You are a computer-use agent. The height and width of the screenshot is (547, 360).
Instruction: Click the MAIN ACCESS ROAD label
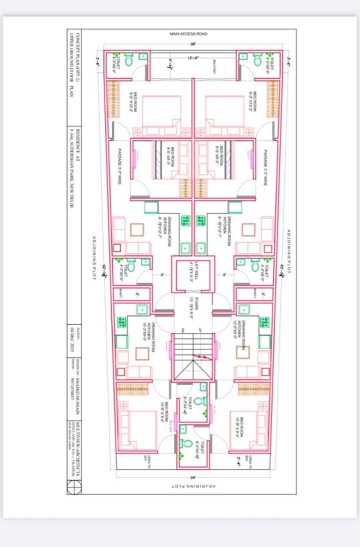coord(188,34)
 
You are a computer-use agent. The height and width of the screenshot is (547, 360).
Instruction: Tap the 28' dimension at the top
coord(193,44)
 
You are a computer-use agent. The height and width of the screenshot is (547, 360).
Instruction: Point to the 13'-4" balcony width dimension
coord(193,58)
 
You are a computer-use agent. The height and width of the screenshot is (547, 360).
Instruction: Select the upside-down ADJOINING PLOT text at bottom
coord(193,486)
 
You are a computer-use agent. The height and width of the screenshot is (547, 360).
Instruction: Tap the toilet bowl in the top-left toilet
coord(128,61)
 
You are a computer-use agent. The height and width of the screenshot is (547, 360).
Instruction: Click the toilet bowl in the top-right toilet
coord(257,61)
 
